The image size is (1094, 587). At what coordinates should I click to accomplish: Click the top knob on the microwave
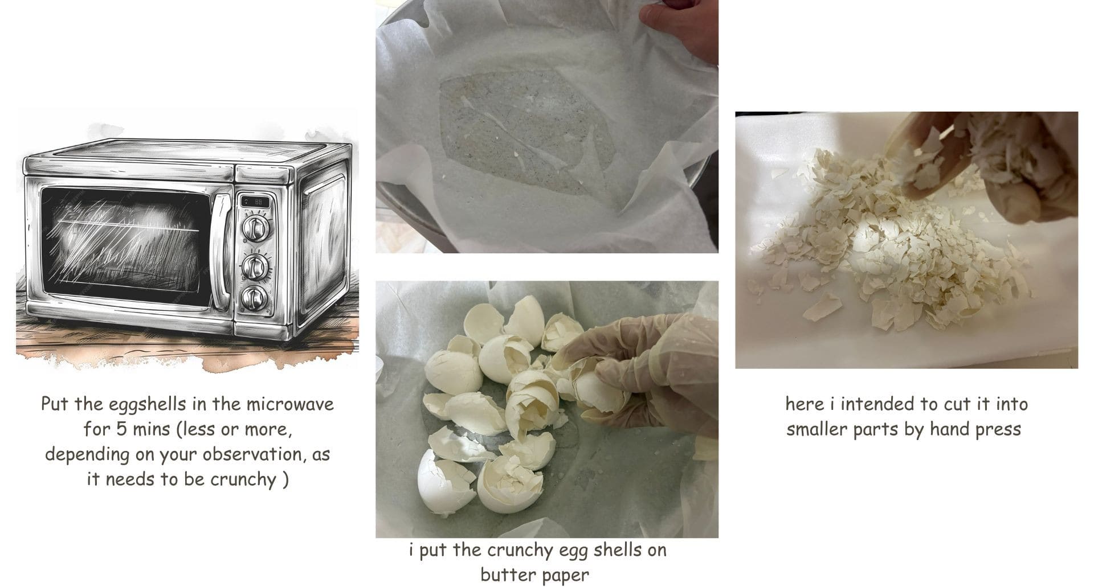coord(253,227)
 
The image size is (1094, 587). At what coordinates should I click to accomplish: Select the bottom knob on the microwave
coord(253,298)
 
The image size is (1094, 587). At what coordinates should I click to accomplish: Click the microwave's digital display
coord(254,202)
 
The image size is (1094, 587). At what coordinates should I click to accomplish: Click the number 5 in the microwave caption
coord(122,430)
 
